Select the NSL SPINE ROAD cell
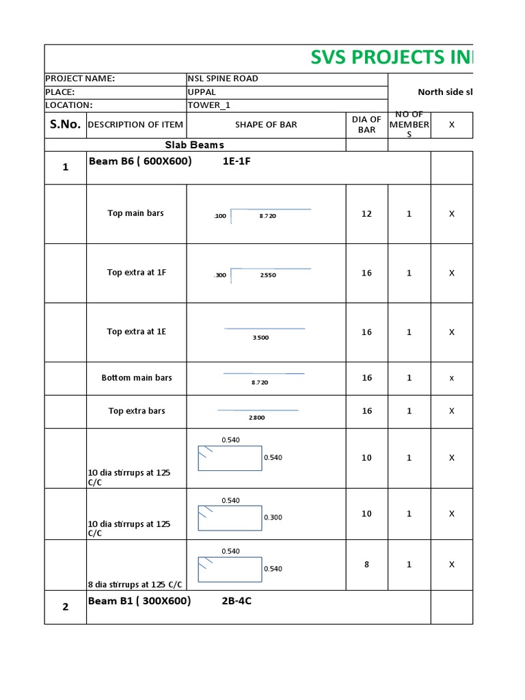pos(223,79)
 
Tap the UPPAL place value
pos(202,92)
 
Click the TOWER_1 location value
pos(208,105)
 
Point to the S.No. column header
pos(66,124)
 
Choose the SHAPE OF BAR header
pos(266,124)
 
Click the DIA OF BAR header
pos(367,124)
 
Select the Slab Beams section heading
pos(195,145)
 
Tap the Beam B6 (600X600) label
pos(140,161)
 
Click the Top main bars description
pos(136,213)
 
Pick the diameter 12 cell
pos(367,214)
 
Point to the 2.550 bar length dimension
pos(268,275)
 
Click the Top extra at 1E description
pos(137,332)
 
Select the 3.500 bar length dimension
pos(260,338)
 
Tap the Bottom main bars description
pos(137,377)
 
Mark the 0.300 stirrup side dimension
pos(273,517)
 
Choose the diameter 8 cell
pos(367,565)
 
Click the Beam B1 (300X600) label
pos(139,602)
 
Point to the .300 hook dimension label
pos(220,275)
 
